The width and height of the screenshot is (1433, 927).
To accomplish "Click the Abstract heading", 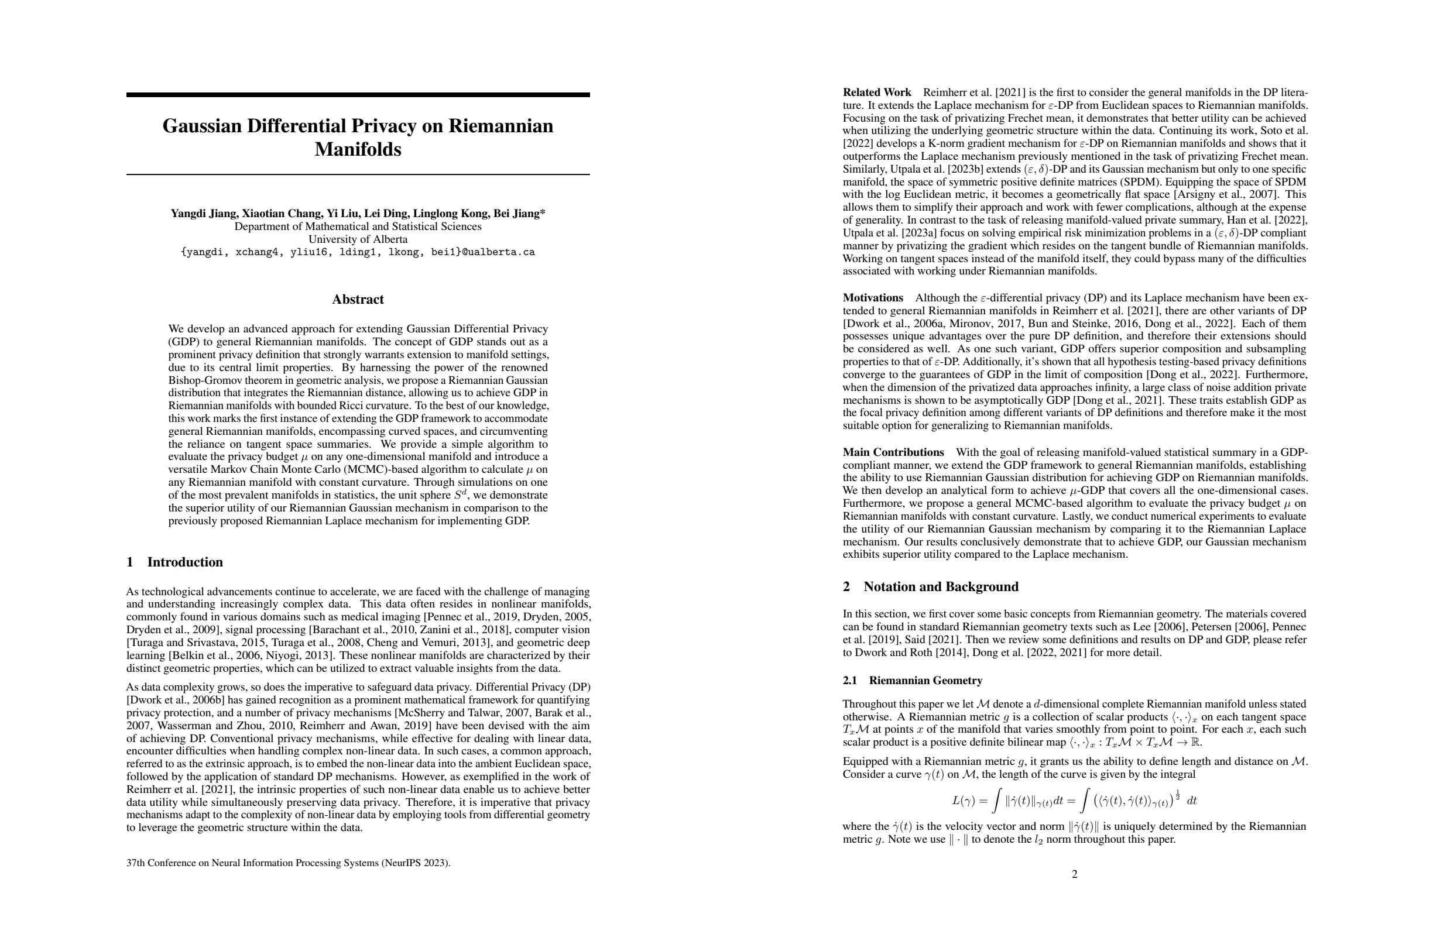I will (358, 299).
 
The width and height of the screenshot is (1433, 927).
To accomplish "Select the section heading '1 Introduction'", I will (174, 562).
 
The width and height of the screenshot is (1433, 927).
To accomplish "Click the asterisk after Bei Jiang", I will (543, 212).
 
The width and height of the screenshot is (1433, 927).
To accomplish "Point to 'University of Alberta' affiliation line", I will (358, 239).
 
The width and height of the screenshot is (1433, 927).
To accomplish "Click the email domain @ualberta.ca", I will (498, 252).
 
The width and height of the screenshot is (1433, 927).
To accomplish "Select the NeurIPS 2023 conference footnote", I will (289, 863).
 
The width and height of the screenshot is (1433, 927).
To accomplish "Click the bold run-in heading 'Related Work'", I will (877, 92).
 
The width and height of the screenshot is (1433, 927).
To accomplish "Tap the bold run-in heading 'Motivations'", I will (872, 297).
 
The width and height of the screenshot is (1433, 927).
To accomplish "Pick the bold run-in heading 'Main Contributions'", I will (893, 452).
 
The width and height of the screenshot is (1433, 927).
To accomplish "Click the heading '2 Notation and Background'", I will (930, 586).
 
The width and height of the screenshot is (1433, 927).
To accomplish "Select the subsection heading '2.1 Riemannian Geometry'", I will (913, 680).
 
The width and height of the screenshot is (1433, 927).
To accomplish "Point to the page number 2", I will (1075, 874).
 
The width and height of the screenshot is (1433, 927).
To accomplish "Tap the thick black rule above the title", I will (358, 94).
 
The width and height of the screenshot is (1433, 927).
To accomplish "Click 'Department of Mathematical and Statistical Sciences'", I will (358, 226).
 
